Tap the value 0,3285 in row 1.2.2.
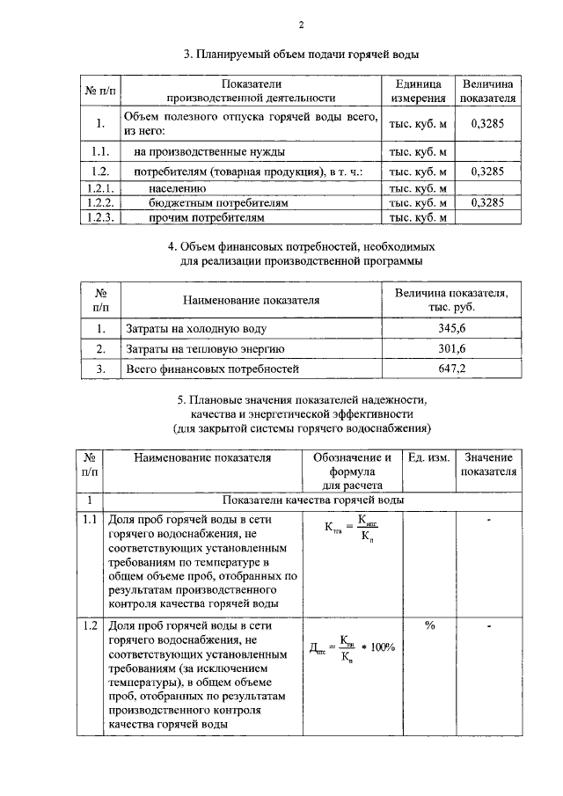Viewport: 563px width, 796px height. (x=486, y=202)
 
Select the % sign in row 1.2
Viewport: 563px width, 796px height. (x=430, y=625)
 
